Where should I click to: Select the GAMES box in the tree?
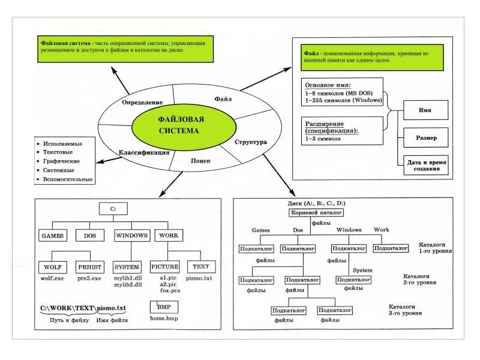coord(53,236)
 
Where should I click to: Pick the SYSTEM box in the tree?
coord(127,267)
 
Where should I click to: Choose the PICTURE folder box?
coord(165,267)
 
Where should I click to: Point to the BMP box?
coord(164,307)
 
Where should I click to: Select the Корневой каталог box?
coord(316,213)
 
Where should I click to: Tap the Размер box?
coord(427,138)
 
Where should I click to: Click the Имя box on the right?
coord(425,111)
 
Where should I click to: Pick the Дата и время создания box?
coord(427,166)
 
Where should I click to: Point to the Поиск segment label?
coord(200,161)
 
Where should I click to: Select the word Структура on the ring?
coord(250,142)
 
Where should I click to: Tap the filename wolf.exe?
coord(53,278)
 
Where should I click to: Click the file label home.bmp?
coord(164,319)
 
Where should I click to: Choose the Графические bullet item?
coord(61,161)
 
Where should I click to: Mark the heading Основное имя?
coord(328,85)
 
